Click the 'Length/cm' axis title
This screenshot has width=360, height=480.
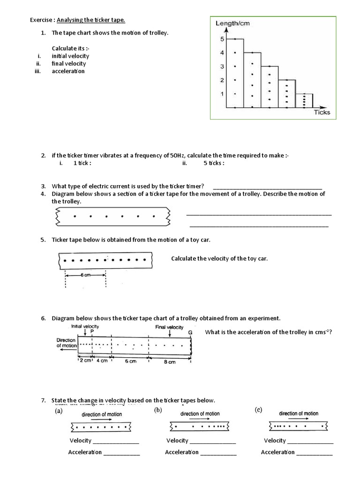point(233,23)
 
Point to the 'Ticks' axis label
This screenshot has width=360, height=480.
point(322,112)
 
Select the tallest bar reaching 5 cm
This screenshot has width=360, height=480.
point(235,73)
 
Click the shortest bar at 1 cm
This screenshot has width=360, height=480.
point(304,101)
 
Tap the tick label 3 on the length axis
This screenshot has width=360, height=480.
point(222,67)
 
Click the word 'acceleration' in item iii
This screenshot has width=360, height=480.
point(68,71)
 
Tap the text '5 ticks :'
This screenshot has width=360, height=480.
point(214,163)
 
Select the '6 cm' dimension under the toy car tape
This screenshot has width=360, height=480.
point(85,275)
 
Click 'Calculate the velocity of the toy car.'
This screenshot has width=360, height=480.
point(219,259)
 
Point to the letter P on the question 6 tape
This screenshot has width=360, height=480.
point(92,331)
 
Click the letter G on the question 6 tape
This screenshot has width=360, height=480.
point(190,332)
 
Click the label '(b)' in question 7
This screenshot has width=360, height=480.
point(158,411)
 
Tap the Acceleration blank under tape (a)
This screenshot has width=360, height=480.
point(121,452)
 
